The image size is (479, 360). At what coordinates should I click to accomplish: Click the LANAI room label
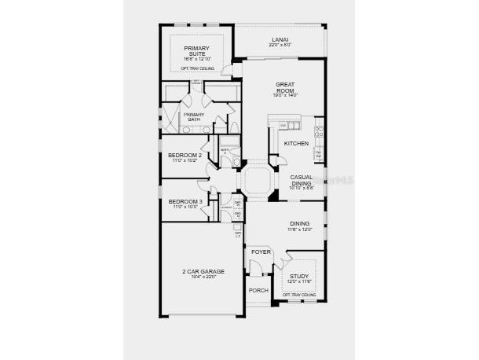pos(279,39)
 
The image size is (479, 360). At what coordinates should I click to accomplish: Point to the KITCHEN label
pos(295,143)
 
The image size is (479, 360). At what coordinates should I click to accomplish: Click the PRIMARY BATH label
pos(193,116)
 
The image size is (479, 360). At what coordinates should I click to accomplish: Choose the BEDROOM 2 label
pos(185,156)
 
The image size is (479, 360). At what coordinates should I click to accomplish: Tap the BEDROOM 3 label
pos(185,202)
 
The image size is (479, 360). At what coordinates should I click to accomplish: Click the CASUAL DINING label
pos(301,180)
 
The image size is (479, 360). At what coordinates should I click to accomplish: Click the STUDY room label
pos(299,276)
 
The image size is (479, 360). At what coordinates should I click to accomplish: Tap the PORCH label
pos(258,290)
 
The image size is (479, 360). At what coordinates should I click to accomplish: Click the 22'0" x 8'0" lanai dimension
pos(279,45)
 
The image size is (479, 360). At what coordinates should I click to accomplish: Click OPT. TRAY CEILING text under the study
pos(299,296)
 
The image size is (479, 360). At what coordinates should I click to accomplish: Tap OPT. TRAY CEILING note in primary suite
pos(196,68)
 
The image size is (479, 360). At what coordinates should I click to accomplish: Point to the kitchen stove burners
pos(320,130)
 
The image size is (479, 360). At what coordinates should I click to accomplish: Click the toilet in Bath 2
pos(235,161)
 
